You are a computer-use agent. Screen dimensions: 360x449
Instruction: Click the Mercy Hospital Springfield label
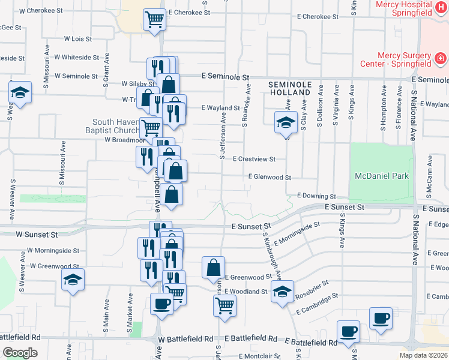click(x=403, y=8)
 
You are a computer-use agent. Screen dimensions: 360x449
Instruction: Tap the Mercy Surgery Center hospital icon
click(x=441, y=58)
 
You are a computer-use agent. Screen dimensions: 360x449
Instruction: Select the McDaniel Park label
click(x=382, y=176)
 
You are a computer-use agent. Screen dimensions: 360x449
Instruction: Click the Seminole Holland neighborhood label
click(x=289, y=89)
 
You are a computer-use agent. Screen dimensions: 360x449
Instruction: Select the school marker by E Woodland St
click(x=282, y=292)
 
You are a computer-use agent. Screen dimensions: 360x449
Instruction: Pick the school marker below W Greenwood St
click(x=73, y=280)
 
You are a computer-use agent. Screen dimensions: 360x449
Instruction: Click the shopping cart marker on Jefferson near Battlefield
click(x=224, y=304)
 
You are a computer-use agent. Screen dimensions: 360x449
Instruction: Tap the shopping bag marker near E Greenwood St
click(x=213, y=268)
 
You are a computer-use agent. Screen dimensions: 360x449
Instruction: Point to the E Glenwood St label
click(x=270, y=178)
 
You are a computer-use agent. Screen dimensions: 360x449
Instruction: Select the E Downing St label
click(x=316, y=196)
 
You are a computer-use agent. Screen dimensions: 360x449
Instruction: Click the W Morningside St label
click(x=55, y=250)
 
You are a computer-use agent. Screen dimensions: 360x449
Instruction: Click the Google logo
click(x=20, y=353)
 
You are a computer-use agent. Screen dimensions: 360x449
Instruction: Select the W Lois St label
click(x=78, y=39)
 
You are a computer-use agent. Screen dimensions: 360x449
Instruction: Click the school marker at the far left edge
click(x=20, y=92)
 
